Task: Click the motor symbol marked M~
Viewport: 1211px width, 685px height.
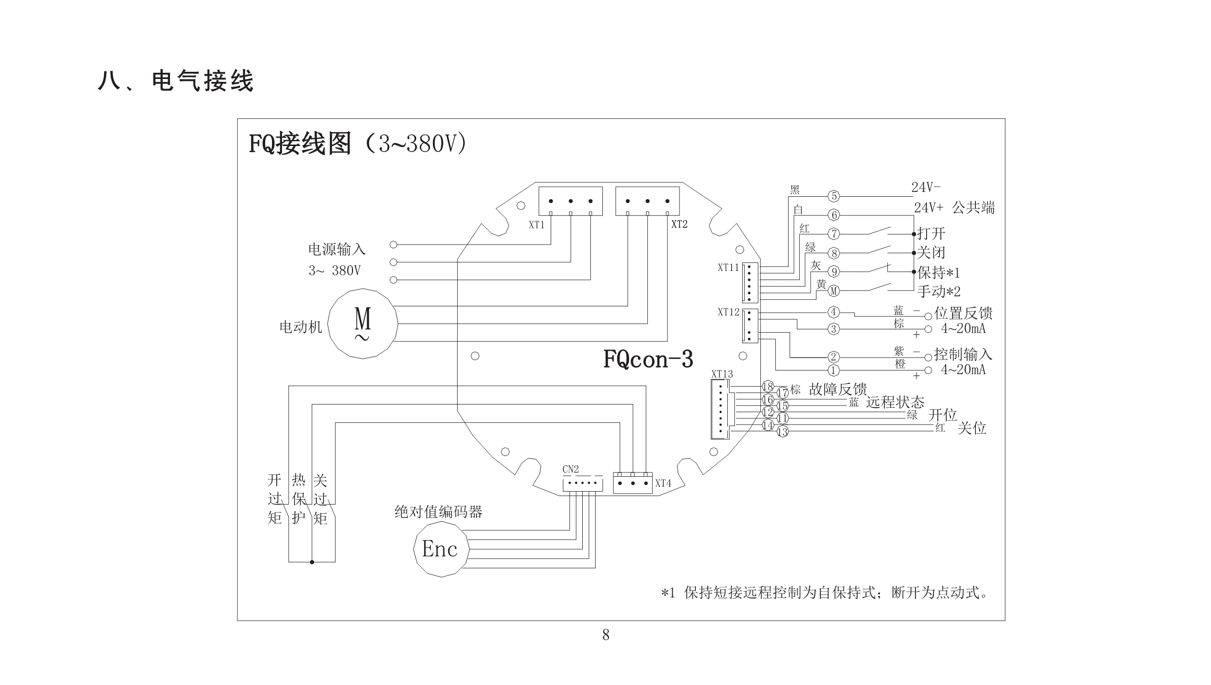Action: (362, 323)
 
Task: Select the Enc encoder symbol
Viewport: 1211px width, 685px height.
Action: (441, 549)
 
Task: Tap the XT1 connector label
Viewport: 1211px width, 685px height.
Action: (536, 225)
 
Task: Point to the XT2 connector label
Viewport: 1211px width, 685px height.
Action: (679, 224)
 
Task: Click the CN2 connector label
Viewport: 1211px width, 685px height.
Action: (570, 469)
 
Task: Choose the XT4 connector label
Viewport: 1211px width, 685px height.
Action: (663, 483)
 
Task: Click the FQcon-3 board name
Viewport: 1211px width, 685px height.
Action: (648, 359)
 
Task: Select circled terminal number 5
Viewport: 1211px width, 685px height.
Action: (834, 196)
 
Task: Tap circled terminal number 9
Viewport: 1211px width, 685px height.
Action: (834, 272)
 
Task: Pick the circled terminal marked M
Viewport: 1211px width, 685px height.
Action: (834, 291)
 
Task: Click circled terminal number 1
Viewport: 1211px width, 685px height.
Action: (833, 370)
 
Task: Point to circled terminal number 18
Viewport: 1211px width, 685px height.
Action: (768, 387)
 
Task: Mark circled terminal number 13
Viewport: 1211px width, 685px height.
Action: (782, 432)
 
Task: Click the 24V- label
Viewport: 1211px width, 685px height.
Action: (926, 187)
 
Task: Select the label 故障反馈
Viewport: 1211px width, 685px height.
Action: (838, 389)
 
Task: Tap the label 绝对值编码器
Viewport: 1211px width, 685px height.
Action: (438, 512)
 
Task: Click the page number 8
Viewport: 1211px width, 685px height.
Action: (606, 635)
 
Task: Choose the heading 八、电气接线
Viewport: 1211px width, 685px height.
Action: (175, 80)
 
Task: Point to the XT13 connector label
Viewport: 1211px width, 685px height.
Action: (722, 374)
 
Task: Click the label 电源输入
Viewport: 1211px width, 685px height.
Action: (337, 249)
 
